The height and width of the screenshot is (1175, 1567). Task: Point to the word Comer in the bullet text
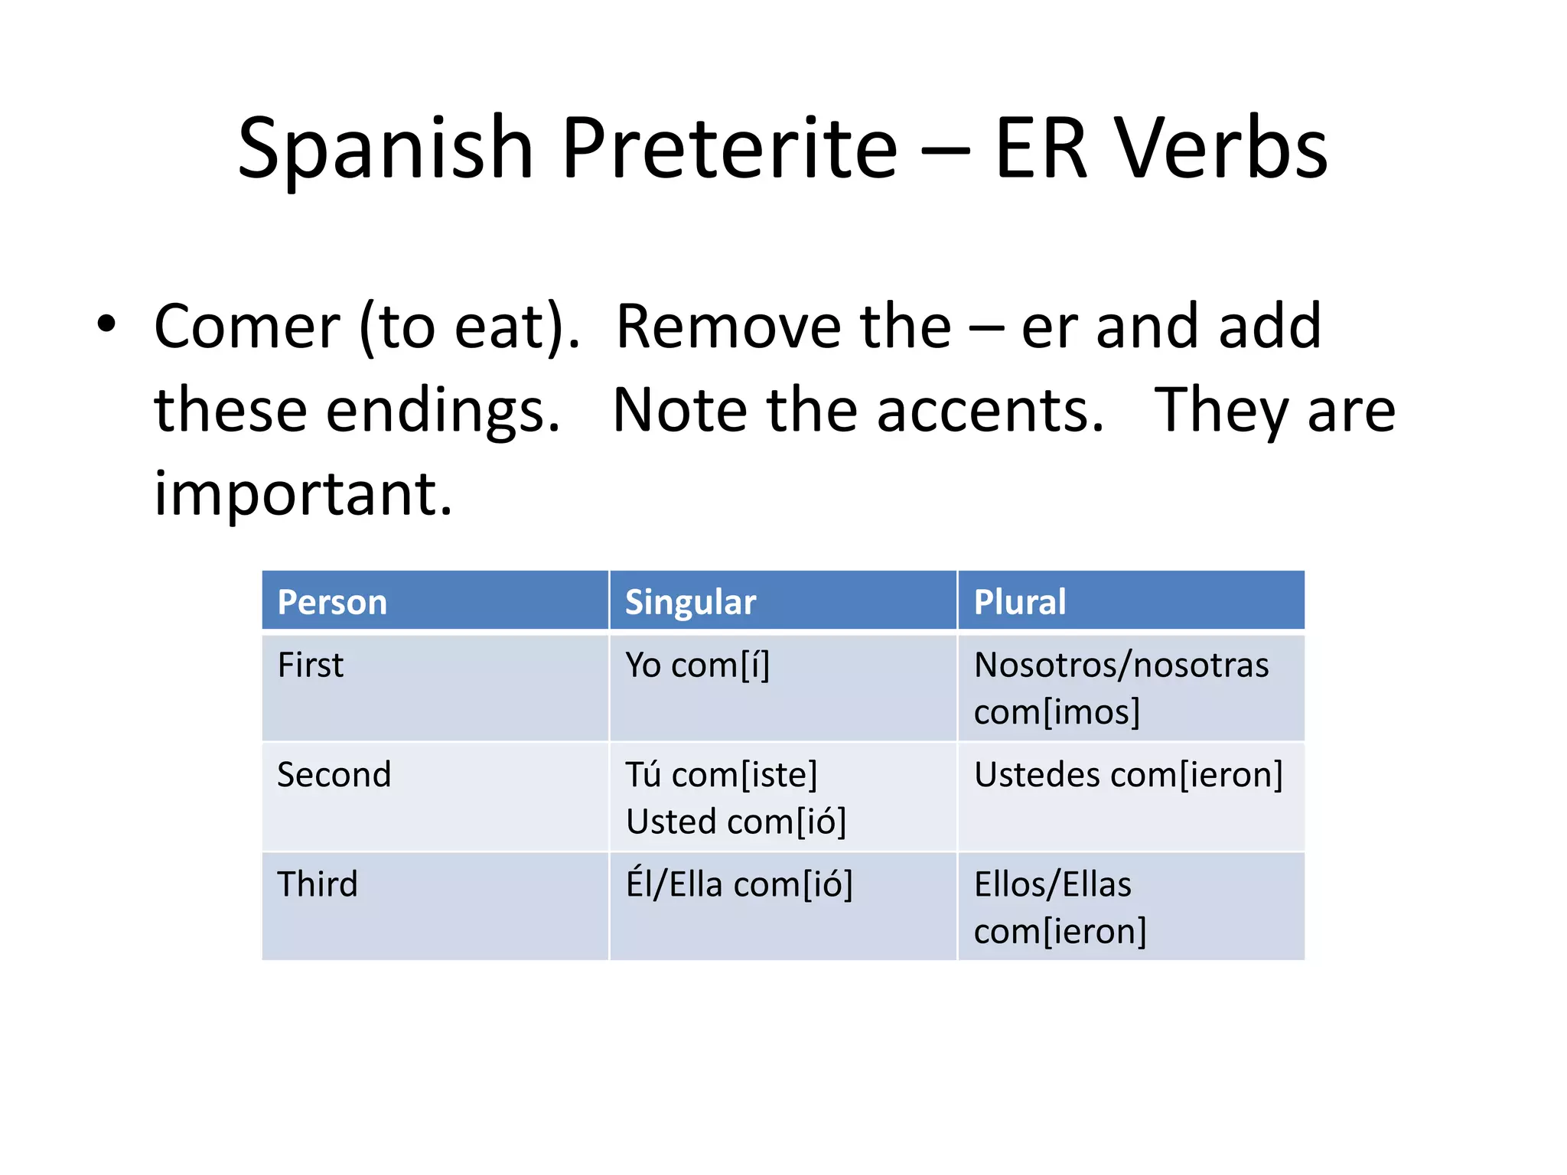[x=246, y=327]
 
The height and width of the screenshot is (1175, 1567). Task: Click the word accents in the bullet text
[x=990, y=411]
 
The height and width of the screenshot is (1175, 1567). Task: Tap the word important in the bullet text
[x=303, y=495]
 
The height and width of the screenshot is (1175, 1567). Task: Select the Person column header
[x=332, y=602]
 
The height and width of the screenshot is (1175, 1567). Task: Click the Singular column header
[x=690, y=602]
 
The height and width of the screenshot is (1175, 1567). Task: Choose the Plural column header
[x=1019, y=602]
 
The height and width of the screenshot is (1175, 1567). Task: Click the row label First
[x=310, y=665]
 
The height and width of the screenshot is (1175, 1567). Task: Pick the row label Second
[x=334, y=775]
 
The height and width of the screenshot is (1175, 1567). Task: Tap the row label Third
[x=317, y=884]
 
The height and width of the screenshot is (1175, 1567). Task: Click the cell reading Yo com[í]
[x=697, y=665]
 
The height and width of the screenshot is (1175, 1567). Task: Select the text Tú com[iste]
[x=721, y=775]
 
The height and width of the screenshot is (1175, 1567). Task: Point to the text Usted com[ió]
[x=735, y=822]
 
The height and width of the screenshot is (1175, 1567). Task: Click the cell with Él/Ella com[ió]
[x=738, y=885]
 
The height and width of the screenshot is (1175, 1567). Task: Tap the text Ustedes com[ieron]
[x=1128, y=775]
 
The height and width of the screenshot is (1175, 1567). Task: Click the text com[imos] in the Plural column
[x=1057, y=712]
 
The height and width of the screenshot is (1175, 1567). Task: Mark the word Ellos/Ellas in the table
[x=1052, y=885]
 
